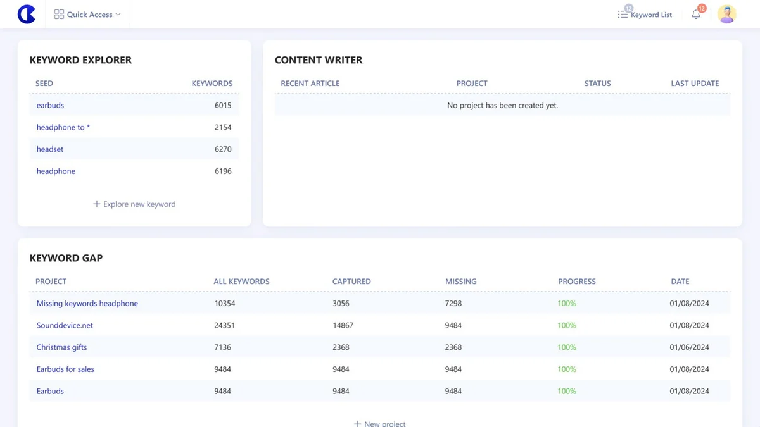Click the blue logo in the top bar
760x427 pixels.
click(x=27, y=14)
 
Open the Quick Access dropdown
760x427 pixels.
click(x=87, y=14)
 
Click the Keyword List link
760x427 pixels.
click(x=645, y=15)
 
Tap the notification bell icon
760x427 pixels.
click(x=696, y=15)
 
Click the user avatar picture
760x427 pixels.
click(x=727, y=14)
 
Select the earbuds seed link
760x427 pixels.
click(x=50, y=105)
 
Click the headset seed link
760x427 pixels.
click(x=50, y=149)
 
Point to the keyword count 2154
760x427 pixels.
click(x=223, y=127)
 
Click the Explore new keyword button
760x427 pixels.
click(x=134, y=204)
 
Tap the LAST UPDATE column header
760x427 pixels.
click(x=695, y=84)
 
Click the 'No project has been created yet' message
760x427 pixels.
click(x=502, y=106)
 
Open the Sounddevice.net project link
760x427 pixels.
click(x=65, y=325)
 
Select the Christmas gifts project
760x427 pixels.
click(x=62, y=347)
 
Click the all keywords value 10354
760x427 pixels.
click(x=225, y=303)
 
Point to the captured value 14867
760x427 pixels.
click(x=343, y=325)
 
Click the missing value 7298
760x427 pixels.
click(x=453, y=303)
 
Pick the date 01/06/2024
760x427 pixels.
click(x=689, y=347)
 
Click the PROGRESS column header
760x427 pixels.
click(x=577, y=282)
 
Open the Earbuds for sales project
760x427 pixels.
click(x=65, y=369)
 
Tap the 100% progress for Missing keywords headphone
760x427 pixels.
click(x=567, y=303)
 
